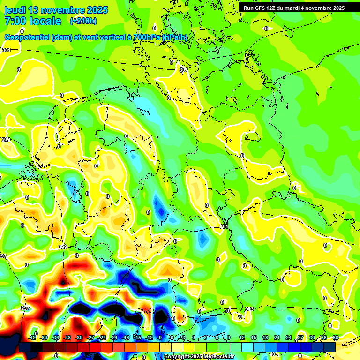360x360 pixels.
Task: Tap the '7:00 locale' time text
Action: click(x=33, y=21)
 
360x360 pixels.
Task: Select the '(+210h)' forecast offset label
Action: click(x=83, y=21)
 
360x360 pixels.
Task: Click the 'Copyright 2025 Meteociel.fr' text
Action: click(x=199, y=357)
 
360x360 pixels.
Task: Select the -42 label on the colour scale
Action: click(x=32, y=337)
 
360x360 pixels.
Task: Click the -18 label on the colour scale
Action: click(x=125, y=337)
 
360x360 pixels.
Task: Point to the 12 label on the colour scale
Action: click(x=242, y=337)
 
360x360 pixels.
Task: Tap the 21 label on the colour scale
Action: click(x=277, y=337)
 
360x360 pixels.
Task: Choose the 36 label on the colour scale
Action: click(x=335, y=337)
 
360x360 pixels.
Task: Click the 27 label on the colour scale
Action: click(x=300, y=337)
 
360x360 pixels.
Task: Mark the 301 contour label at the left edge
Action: click(x=6, y=50)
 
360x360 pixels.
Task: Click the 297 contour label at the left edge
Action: click(x=3, y=256)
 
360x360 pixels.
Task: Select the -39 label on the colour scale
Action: click(x=44, y=337)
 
